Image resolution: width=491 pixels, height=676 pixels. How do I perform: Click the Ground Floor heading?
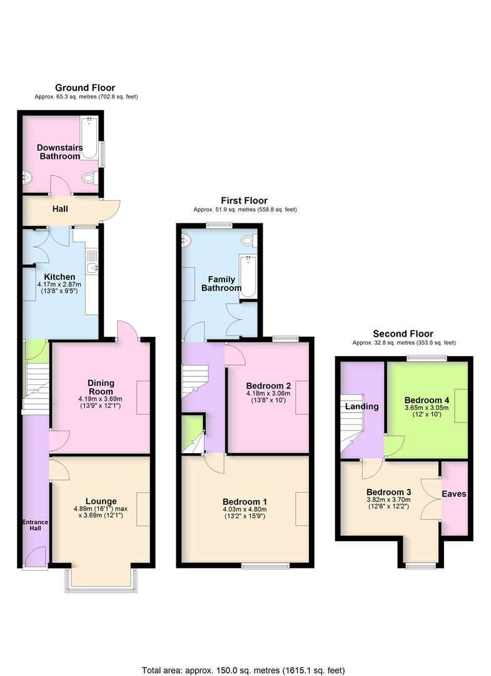pyautogui.click(x=85, y=88)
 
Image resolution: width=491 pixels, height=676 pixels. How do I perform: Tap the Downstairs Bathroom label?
pyautogui.click(x=59, y=151)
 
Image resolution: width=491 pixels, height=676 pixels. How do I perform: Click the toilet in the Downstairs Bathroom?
pyautogui.click(x=90, y=179)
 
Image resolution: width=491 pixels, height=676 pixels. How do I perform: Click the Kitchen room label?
pyautogui.click(x=59, y=277)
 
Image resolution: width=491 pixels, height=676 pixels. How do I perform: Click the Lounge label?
pyautogui.click(x=101, y=501)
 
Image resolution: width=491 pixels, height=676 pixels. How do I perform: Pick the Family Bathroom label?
pyautogui.click(x=220, y=284)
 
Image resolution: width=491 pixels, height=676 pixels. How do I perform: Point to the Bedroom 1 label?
pyautogui.click(x=245, y=501)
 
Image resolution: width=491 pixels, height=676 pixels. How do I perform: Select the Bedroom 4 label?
pyautogui.click(x=427, y=400)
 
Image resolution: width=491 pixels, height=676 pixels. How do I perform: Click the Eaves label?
pyautogui.click(x=454, y=494)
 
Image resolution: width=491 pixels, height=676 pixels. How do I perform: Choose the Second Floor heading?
pyautogui.click(x=403, y=334)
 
